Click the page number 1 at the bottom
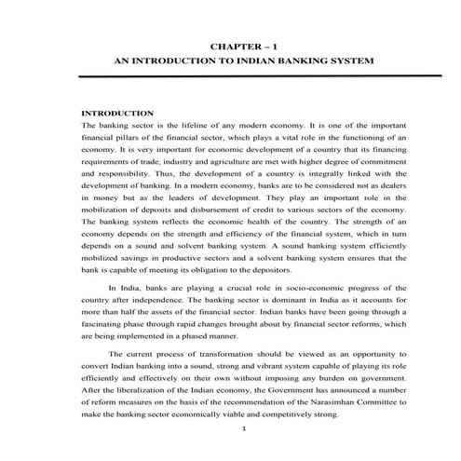point(242,428)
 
